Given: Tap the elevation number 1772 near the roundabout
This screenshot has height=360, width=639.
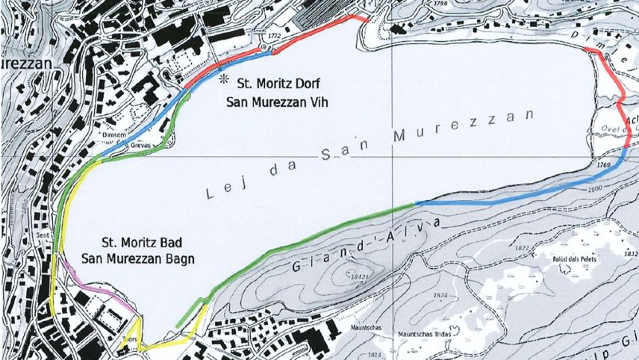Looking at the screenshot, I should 273,36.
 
